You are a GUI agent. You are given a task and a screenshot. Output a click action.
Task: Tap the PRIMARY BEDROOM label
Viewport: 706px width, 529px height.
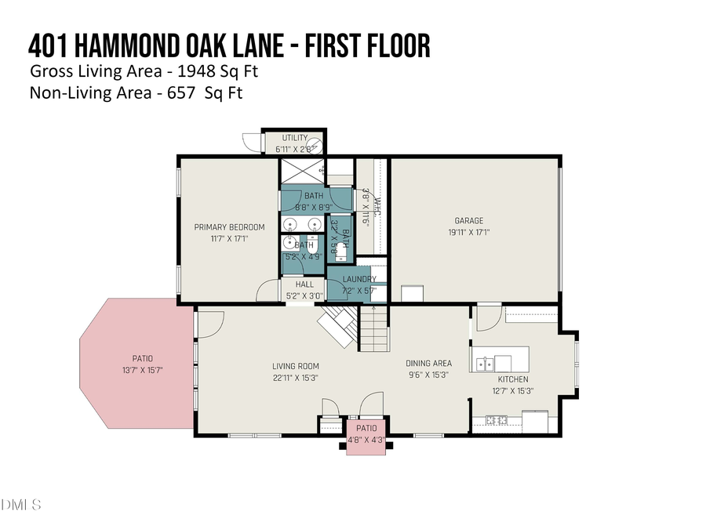229,227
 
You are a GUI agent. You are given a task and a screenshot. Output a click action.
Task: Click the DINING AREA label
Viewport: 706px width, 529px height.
428,363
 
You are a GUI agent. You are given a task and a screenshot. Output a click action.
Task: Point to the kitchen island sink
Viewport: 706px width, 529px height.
485,364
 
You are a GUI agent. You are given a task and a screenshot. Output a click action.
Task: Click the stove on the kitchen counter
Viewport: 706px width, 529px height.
497,421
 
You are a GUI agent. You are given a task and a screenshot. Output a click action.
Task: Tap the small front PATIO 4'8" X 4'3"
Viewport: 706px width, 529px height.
366,433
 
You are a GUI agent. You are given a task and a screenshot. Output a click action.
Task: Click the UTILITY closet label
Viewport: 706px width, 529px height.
295,138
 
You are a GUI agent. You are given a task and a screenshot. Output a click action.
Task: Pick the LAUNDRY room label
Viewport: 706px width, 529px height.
359,279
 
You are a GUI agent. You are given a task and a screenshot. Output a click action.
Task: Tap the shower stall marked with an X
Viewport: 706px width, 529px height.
301,171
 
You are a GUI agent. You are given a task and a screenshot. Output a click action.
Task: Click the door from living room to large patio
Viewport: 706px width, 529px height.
210,321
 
